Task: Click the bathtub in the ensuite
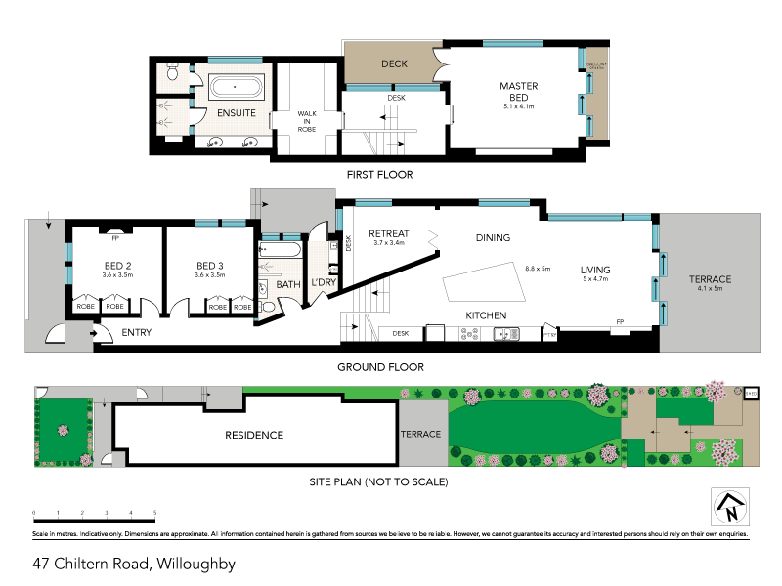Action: (x=236, y=87)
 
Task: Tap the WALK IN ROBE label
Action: (x=308, y=121)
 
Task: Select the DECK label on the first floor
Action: (x=394, y=64)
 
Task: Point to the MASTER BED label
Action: (x=518, y=92)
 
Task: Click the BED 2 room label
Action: (x=118, y=266)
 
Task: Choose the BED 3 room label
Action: (x=210, y=266)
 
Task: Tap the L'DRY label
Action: (x=324, y=283)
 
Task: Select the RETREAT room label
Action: (x=388, y=234)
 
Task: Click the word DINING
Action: (x=493, y=237)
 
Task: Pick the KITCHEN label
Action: (x=485, y=315)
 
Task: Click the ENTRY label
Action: (x=137, y=334)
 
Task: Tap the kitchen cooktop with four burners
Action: (x=467, y=335)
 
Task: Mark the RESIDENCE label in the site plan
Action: (x=254, y=436)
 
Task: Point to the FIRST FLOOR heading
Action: (x=380, y=175)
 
